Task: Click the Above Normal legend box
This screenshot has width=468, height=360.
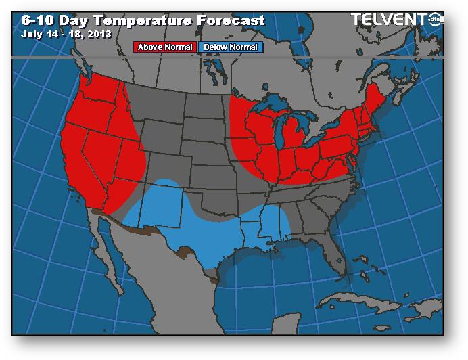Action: (x=166, y=47)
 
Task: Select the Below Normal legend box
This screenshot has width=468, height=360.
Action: (x=230, y=47)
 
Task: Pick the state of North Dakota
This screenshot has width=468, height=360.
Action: (x=206, y=108)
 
